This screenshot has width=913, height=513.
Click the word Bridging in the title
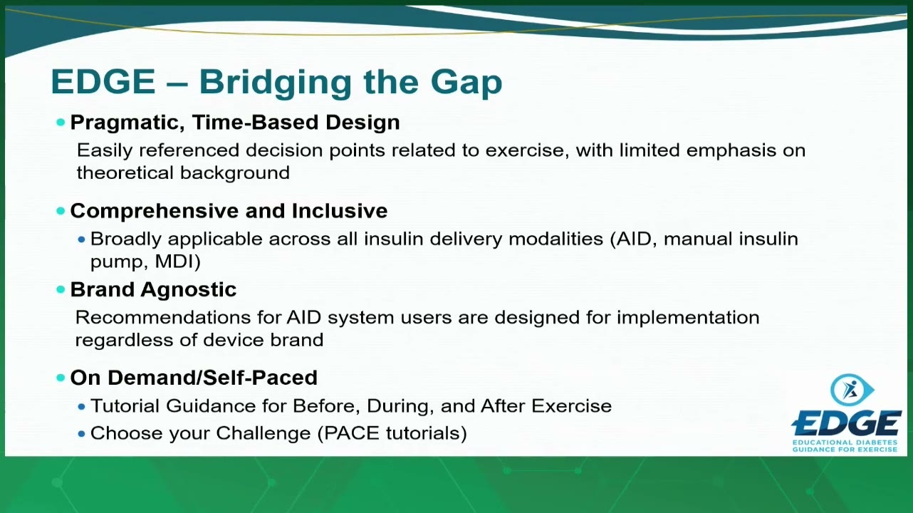(275, 83)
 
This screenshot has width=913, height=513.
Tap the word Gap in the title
(466, 83)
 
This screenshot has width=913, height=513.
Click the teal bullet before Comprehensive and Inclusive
(61, 211)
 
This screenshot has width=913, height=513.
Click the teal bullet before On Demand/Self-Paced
(61, 378)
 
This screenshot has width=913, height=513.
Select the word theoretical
(125, 172)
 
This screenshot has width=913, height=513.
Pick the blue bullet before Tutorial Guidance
(81, 407)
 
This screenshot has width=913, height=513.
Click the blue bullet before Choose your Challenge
(81, 434)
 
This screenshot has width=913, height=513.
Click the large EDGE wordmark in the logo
(847, 424)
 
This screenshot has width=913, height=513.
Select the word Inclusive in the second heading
(340, 211)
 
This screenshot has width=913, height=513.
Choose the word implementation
(688, 318)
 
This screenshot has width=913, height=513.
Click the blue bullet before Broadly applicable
(81, 239)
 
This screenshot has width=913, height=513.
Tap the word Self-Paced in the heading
(260, 378)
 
